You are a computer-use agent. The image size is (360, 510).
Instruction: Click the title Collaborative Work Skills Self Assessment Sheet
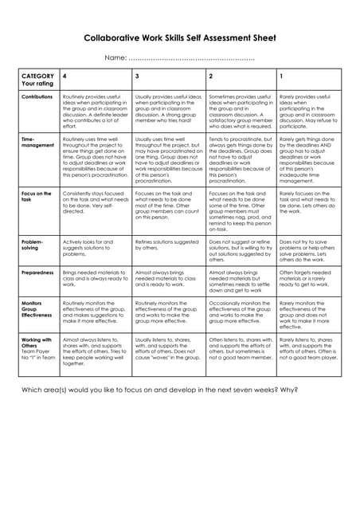[x=180, y=37]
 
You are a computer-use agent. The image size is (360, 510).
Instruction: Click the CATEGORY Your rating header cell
[x=37, y=79]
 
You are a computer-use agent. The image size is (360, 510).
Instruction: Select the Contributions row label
[x=37, y=96]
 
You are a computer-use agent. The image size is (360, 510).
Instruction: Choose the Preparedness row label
[x=37, y=273]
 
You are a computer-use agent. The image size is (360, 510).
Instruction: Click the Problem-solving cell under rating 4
[x=96, y=249]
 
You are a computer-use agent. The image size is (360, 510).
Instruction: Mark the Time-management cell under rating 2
[x=241, y=159]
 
